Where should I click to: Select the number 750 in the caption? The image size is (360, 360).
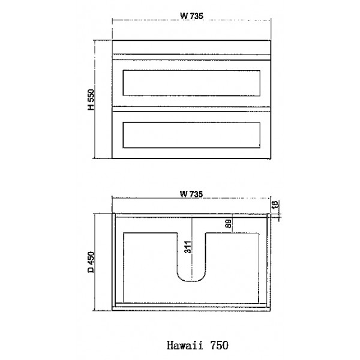coord(216,345)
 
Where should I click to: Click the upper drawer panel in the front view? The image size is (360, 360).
coord(191,83)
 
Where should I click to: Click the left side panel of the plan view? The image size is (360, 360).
coord(113,260)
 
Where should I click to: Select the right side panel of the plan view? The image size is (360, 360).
coord(268,260)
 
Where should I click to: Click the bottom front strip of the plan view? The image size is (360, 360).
coord(191,305)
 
